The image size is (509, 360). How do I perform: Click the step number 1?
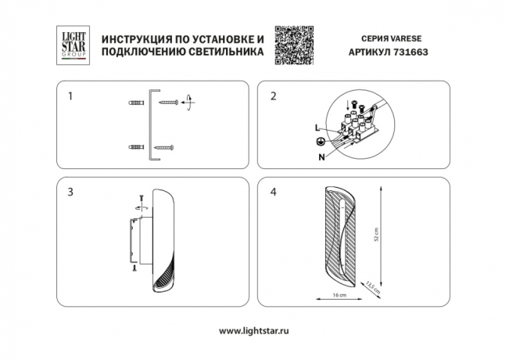pos(71,97)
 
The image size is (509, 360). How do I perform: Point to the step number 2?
pos(273,97)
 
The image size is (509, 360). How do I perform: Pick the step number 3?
pos(71,192)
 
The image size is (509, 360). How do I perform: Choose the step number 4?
pos(273,192)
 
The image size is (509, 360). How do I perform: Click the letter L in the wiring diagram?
pos(317,127)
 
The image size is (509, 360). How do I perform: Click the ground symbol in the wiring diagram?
pos(318,142)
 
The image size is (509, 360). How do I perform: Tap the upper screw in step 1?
pos(170,103)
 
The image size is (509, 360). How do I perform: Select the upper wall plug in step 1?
pos(134,103)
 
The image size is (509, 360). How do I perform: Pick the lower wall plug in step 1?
pos(134,147)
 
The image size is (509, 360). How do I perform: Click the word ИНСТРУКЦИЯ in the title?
pos(138,39)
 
